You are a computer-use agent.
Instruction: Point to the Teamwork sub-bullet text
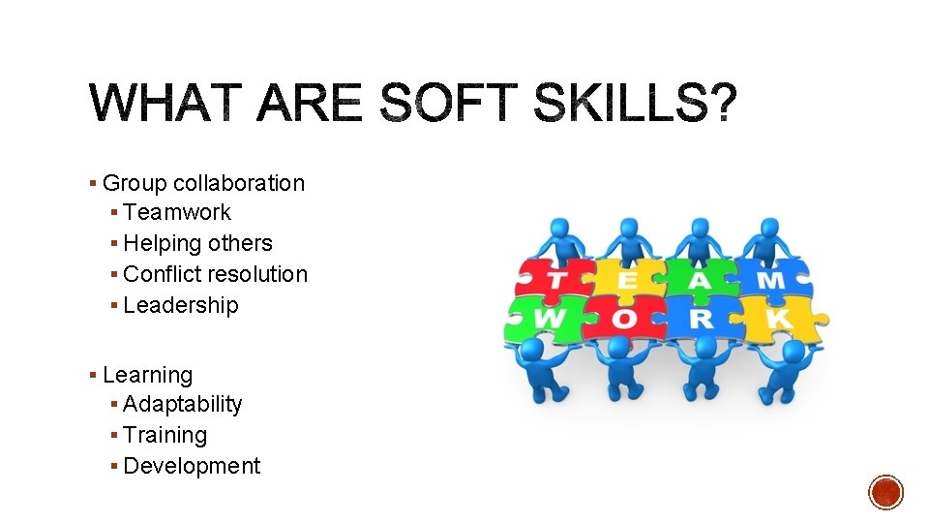(177, 212)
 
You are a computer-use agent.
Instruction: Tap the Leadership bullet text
(181, 305)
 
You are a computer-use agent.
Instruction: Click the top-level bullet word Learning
(147, 375)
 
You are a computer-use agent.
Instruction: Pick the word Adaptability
(183, 405)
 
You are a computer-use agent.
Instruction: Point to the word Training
(165, 436)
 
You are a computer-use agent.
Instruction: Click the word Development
(193, 466)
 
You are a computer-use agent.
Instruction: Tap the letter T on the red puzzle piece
(557, 281)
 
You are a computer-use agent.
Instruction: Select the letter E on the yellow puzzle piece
(626, 281)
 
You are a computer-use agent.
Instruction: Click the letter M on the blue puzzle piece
(770, 281)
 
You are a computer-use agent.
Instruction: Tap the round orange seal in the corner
(885, 492)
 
